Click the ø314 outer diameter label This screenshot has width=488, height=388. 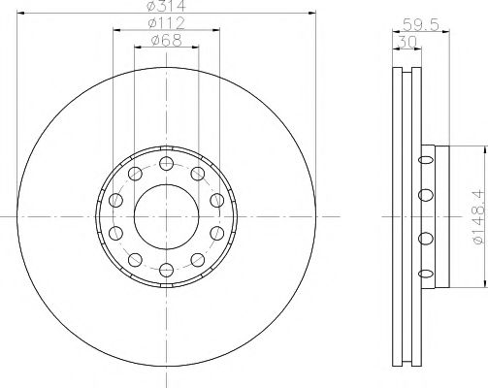[166, 7]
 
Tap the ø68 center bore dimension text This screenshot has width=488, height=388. [166, 42]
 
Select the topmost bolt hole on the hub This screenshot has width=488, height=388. [166, 162]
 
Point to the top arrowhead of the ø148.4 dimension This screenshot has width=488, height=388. [483, 148]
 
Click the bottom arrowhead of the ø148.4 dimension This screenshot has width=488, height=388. [483, 284]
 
